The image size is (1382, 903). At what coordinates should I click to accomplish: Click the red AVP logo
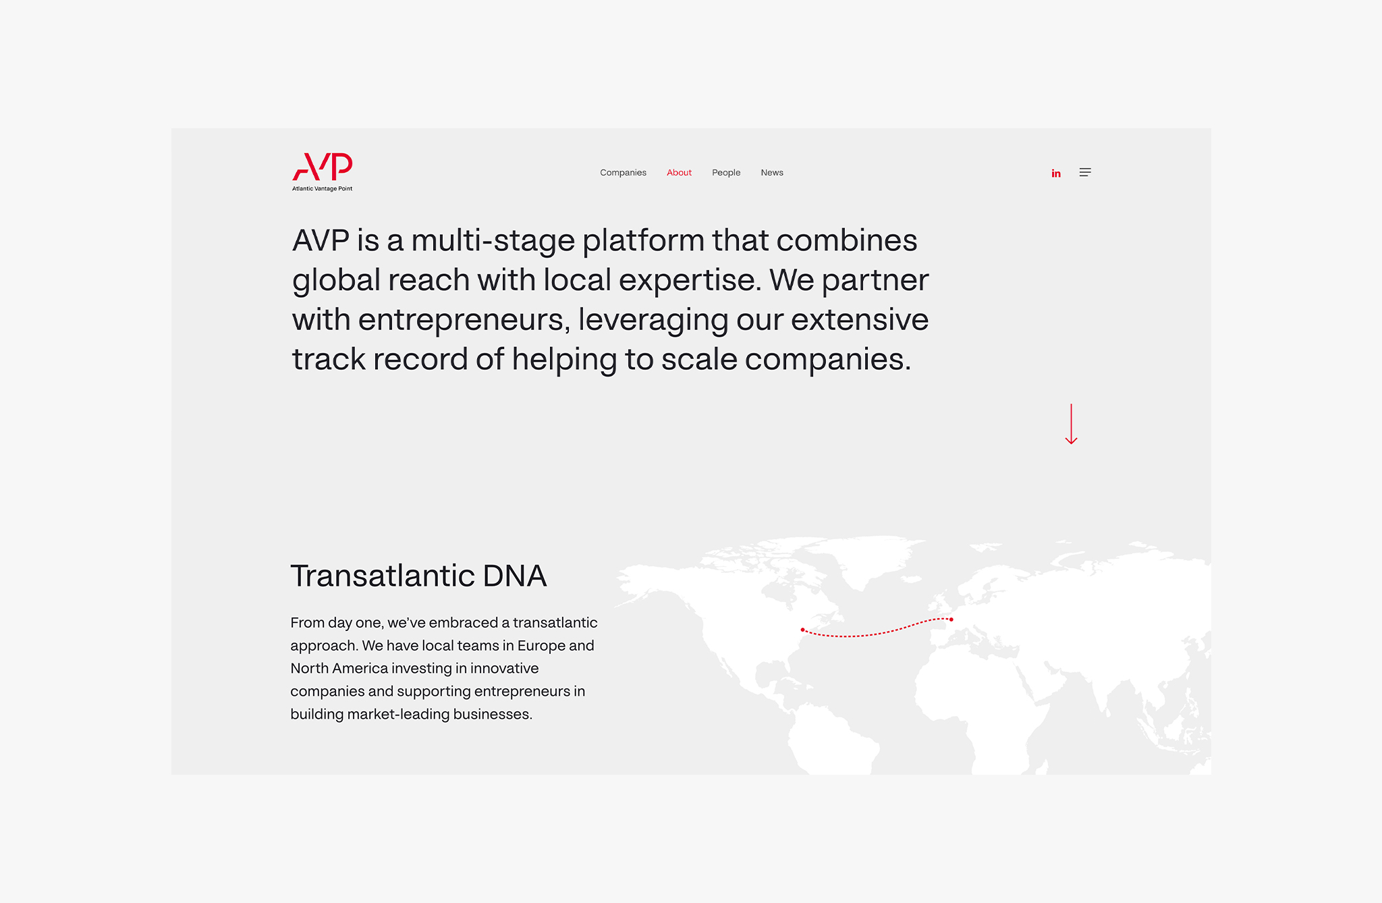coord(323,167)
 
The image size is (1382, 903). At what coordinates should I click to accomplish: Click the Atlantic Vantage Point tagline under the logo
coord(323,189)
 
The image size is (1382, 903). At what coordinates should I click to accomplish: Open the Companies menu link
coord(623,173)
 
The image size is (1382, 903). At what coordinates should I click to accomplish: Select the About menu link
coord(679,173)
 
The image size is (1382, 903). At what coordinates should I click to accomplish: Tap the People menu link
coord(726,173)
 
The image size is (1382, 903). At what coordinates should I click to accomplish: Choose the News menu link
coord(772,173)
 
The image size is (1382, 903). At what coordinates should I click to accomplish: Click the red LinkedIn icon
coord(1056,173)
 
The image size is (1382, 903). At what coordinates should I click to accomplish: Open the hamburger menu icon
coord(1085,172)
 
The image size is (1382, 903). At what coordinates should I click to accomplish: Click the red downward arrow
coord(1071,424)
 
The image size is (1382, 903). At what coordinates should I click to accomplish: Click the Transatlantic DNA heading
coord(418,576)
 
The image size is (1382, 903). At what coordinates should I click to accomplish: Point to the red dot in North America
coord(802,630)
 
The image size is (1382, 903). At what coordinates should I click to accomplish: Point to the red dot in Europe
coord(951,620)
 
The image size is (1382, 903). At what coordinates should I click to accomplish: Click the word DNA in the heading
coord(514,576)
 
